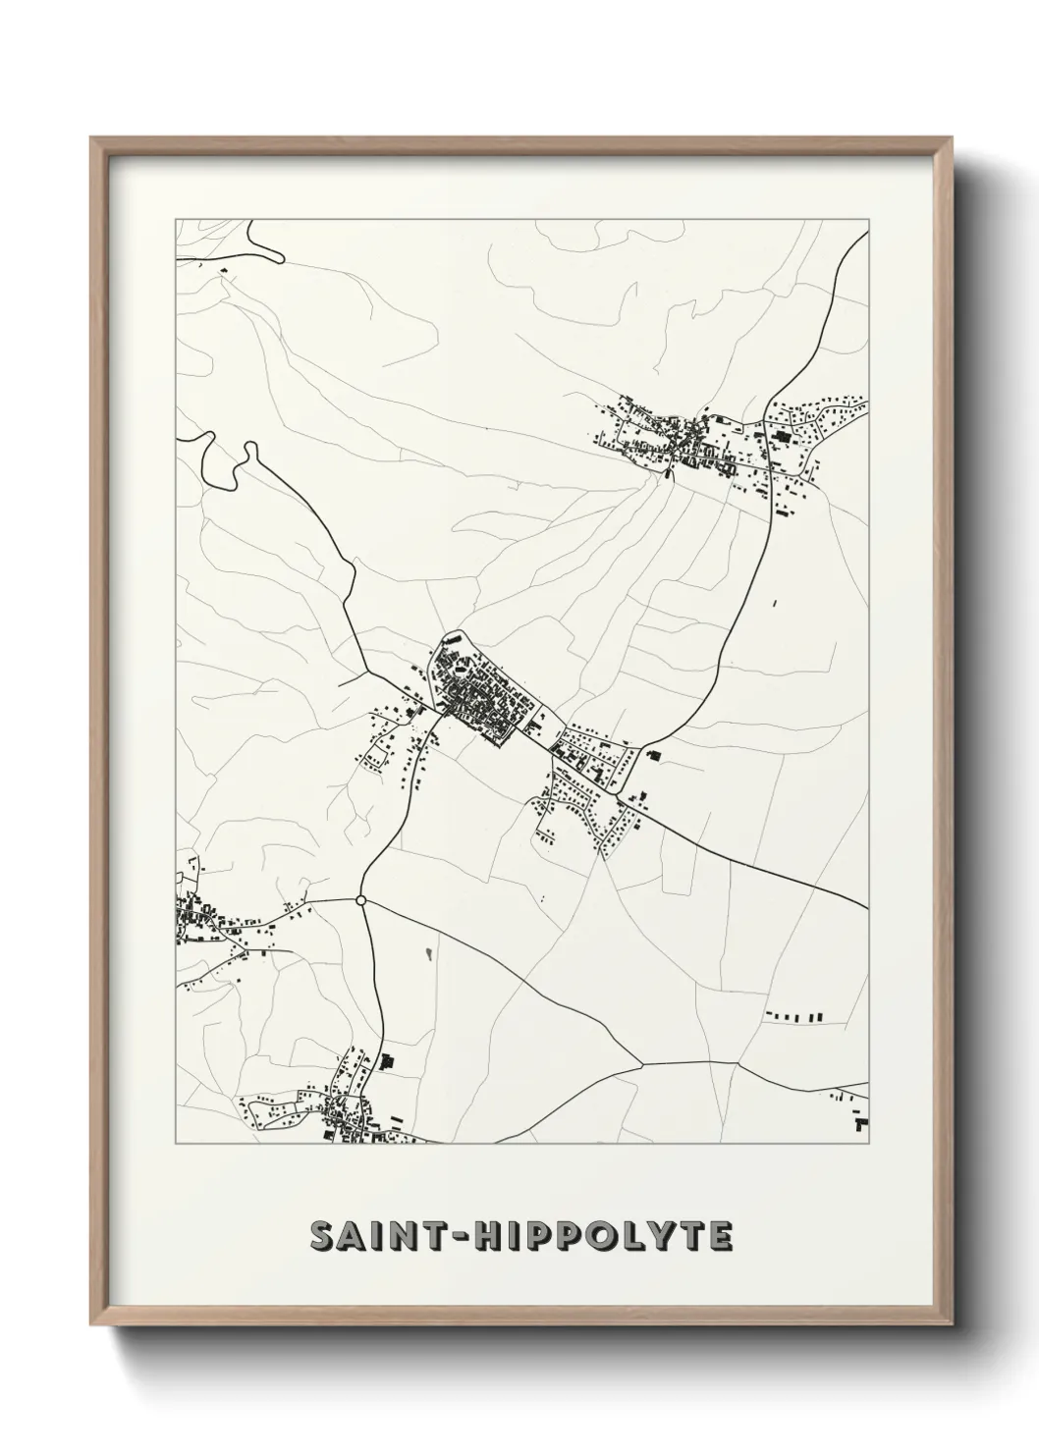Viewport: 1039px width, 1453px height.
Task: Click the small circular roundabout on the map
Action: (x=360, y=899)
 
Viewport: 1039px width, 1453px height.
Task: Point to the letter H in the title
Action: (x=488, y=1238)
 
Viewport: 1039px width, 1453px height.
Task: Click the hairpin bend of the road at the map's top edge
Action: (x=279, y=258)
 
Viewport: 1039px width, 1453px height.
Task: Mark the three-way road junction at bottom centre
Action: (x=641, y=1063)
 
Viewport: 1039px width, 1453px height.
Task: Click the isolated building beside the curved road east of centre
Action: (x=654, y=755)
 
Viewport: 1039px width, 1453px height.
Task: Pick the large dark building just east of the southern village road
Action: (x=386, y=1061)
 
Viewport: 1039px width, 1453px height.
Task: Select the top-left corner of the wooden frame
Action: (x=92, y=138)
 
